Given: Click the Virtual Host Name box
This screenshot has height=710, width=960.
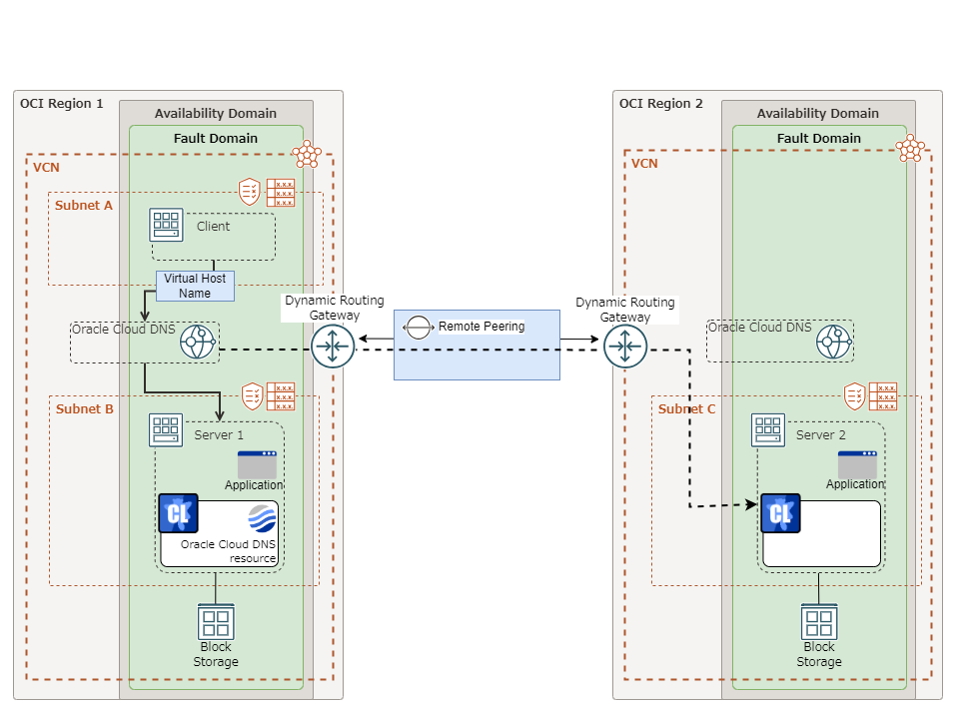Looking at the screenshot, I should pyautogui.click(x=195, y=286).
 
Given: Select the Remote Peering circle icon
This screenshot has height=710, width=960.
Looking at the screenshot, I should pyautogui.click(x=418, y=327).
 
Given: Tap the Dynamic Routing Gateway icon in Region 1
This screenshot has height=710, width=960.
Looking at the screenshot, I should pyautogui.click(x=333, y=347).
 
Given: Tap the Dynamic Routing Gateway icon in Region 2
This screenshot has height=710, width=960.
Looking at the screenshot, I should pyautogui.click(x=625, y=347).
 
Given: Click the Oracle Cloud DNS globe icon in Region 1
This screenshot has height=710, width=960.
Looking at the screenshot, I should pyautogui.click(x=198, y=343).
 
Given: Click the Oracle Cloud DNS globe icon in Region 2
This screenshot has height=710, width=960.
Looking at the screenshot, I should pyautogui.click(x=834, y=343).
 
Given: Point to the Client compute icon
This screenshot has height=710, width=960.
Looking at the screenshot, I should pyautogui.click(x=166, y=226).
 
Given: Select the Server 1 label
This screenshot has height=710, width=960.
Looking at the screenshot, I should pyautogui.click(x=219, y=435).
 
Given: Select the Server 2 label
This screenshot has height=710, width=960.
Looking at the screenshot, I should pyautogui.click(x=820, y=435).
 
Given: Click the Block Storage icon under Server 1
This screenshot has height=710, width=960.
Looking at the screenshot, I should pyautogui.click(x=216, y=623).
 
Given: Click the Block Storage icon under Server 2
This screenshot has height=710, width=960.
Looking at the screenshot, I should pyautogui.click(x=819, y=623).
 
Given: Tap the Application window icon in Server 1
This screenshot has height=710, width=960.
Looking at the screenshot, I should pyautogui.click(x=257, y=464).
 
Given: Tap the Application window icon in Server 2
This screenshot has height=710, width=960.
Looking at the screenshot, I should pyautogui.click(x=857, y=464).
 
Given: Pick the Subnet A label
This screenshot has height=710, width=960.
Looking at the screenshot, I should pyautogui.click(x=84, y=205).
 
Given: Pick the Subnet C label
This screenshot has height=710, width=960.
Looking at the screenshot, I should pyautogui.click(x=686, y=408).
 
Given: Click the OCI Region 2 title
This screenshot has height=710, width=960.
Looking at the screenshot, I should pyautogui.click(x=661, y=104).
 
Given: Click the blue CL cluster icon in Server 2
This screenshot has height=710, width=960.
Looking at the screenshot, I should pyautogui.click(x=780, y=513).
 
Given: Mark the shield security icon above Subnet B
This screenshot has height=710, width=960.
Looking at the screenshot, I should pyautogui.click(x=253, y=396).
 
